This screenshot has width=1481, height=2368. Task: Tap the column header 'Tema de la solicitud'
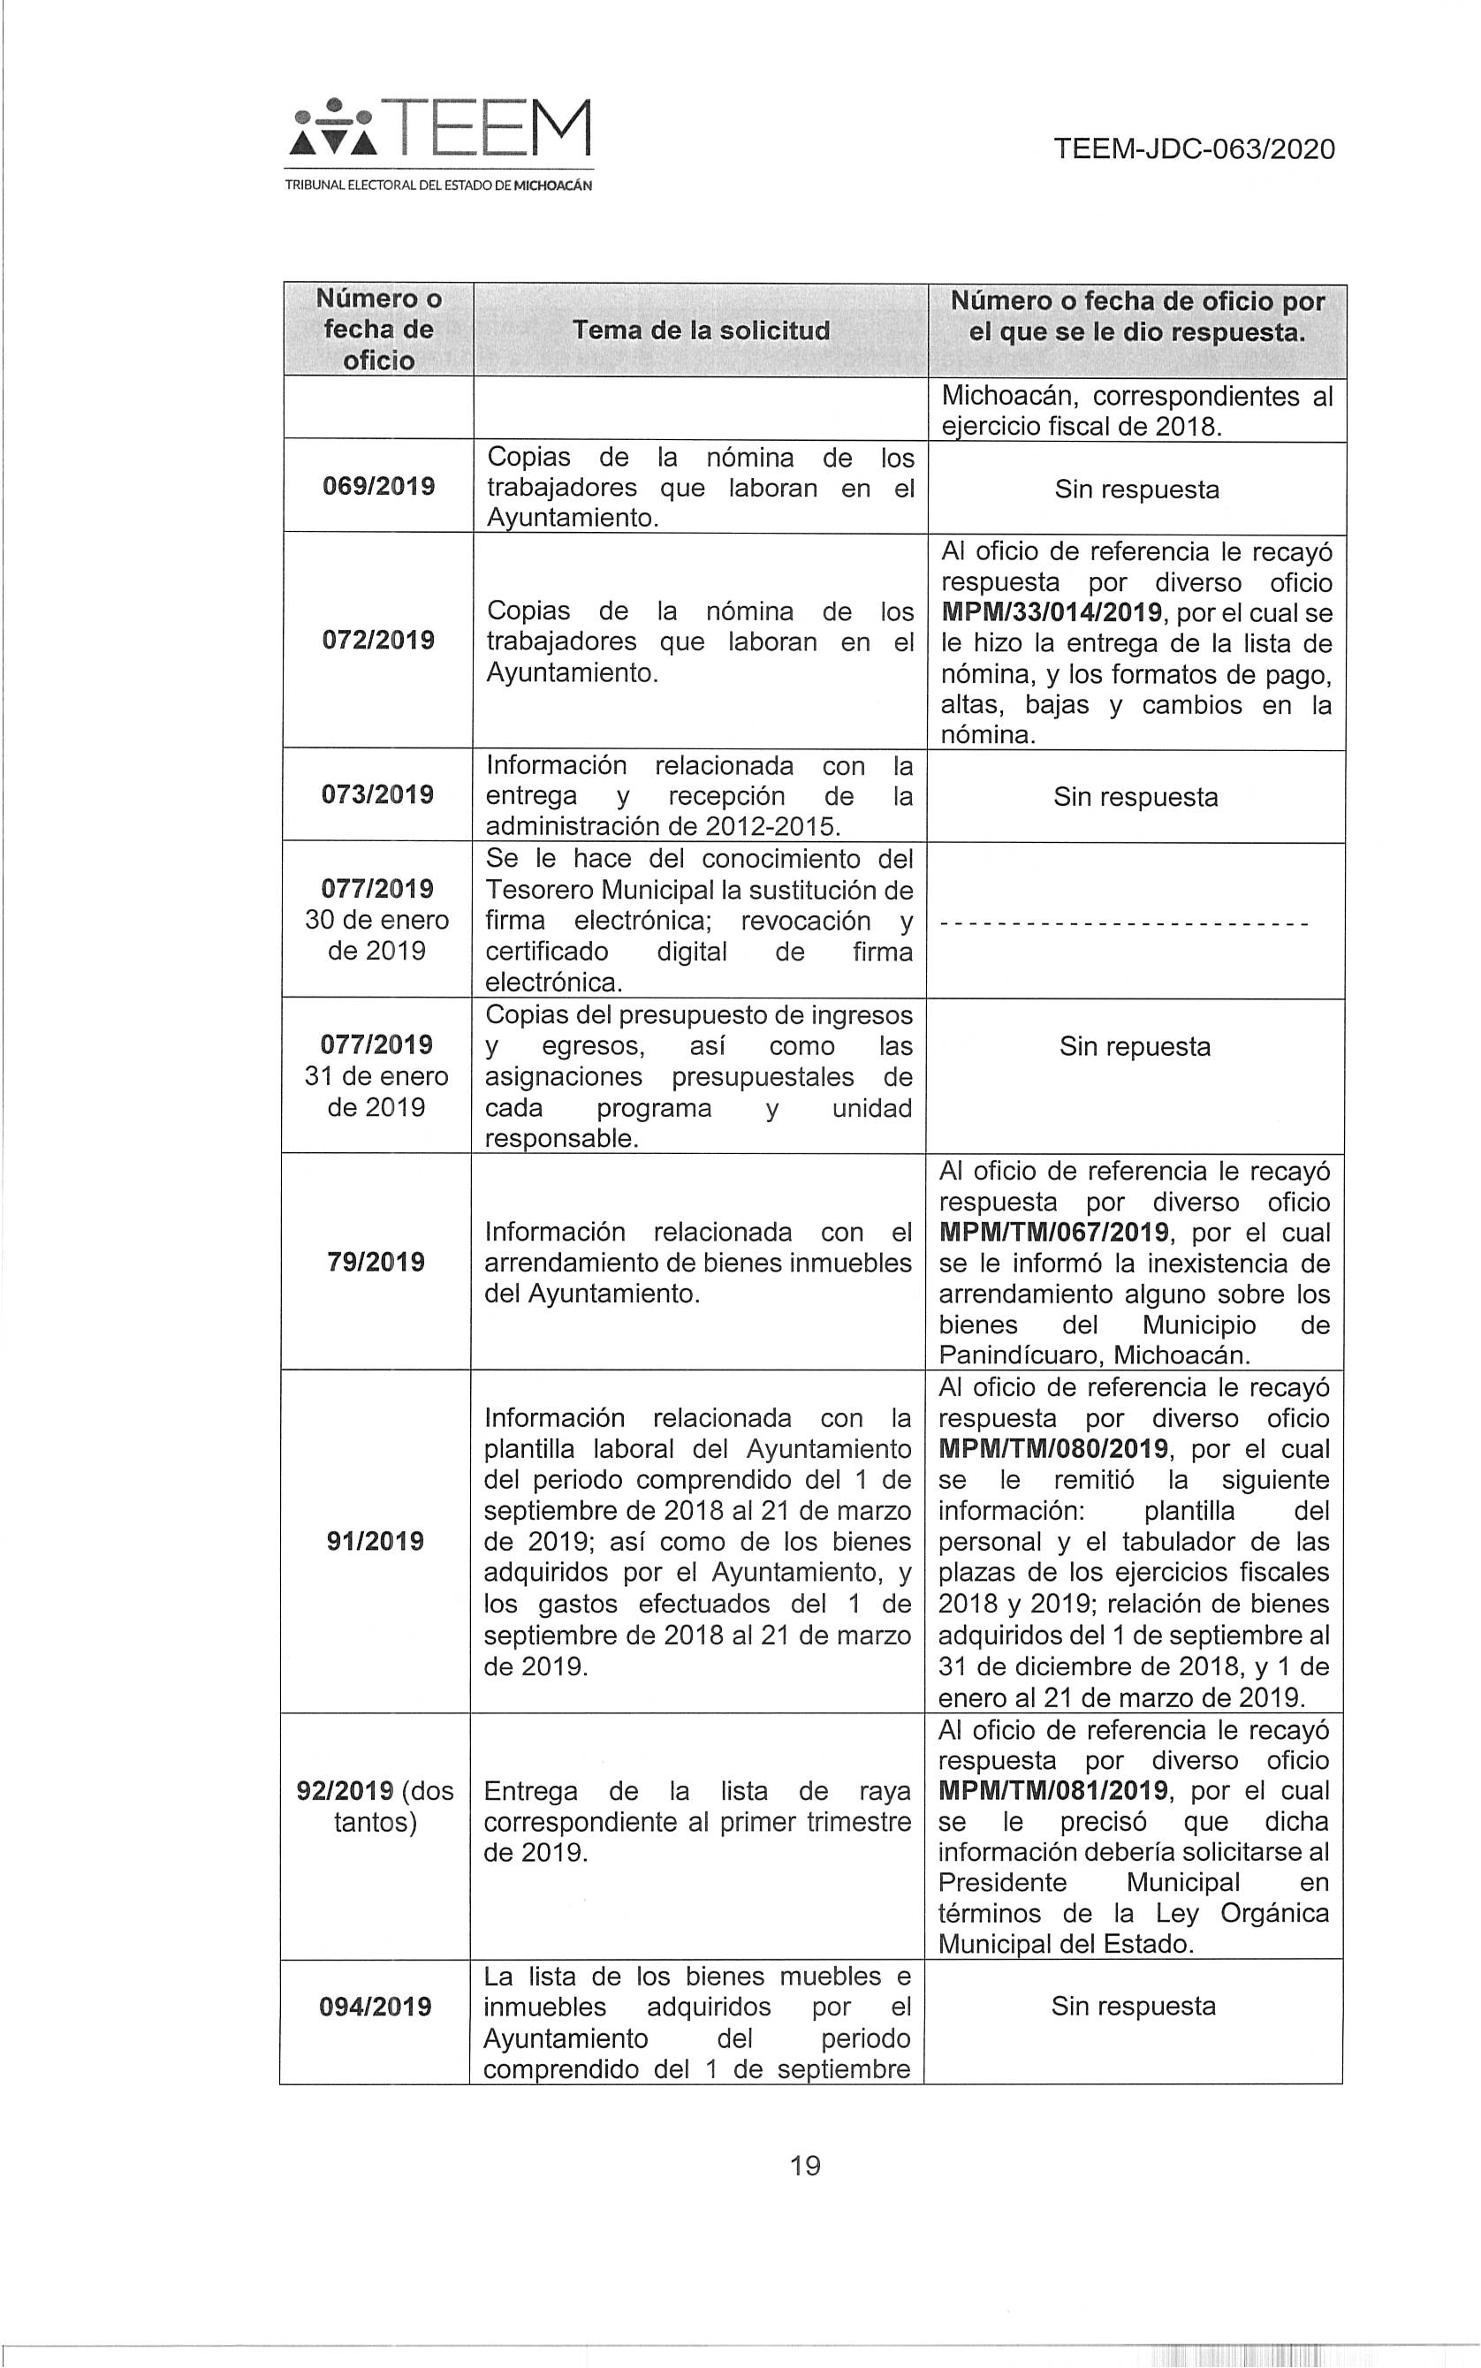701,331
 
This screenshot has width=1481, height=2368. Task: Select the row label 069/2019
378,487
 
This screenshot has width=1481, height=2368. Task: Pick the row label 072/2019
378,641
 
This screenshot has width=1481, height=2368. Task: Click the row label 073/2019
378,794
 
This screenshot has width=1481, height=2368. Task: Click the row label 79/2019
376,1262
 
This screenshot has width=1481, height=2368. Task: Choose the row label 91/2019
376,1542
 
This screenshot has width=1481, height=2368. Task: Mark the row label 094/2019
376,2007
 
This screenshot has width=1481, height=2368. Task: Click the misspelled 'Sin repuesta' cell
1135,1047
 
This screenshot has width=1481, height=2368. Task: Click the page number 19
804,2166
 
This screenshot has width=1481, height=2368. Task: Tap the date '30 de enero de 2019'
377,935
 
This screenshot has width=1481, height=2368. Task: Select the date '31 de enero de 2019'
377,1091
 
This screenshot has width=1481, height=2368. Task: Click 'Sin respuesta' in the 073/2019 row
1135,797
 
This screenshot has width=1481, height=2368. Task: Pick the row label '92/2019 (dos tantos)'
376,1806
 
